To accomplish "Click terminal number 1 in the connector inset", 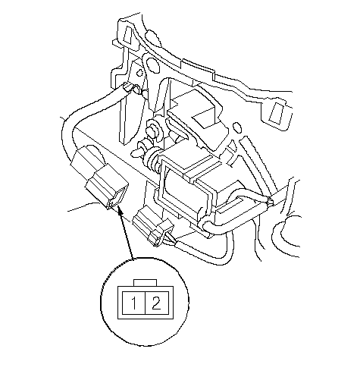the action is (134, 303).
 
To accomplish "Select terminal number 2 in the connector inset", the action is (156, 303).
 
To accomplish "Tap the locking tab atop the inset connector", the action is (146, 283).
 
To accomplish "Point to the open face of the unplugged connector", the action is (117, 199).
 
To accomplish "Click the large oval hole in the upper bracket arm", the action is (152, 64).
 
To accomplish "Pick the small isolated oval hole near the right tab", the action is (237, 127).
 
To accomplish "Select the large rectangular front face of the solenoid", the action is (183, 191).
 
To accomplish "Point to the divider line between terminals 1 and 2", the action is (146, 303).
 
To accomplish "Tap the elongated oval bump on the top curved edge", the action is (152, 38).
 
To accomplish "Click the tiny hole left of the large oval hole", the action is (139, 73).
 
